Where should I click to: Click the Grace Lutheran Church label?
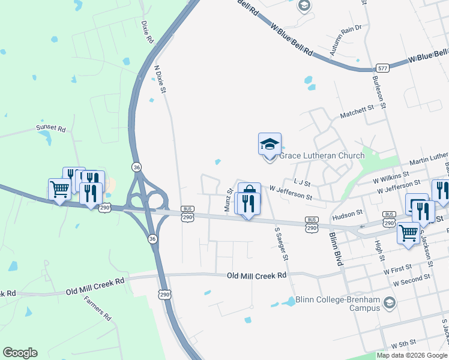pos(321,156)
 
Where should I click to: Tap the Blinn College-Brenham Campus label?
pos(338,304)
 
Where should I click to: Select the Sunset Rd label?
pos(50,128)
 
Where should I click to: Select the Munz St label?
pos(228,199)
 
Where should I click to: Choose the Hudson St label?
pos(349,212)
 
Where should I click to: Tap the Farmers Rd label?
pos(97,308)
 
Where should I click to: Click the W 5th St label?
pos(403,343)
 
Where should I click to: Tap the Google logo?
pos(20,353)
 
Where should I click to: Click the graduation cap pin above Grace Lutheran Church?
pos(270,145)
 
